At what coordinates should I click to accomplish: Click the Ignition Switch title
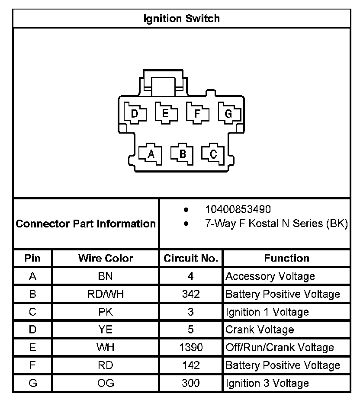click(x=181, y=19)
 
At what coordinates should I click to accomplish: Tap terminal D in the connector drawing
click(x=135, y=114)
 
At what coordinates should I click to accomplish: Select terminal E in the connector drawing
click(x=166, y=114)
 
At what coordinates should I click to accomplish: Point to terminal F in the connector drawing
click(x=197, y=114)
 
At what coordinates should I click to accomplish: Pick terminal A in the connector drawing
click(x=151, y=154)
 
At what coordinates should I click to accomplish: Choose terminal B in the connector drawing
click(x=182, y=154)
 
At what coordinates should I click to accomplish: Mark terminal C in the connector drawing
click(x=213, y=154)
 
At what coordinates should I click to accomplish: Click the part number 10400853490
click(x=238, y=210)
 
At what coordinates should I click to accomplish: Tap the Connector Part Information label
click(x=86, y=224)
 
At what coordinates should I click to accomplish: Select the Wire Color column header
click(x=106, y=258)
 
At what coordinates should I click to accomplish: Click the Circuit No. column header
click(x=191, y=258)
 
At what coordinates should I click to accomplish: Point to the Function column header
click(x=286, y=258)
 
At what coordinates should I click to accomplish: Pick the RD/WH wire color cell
click(x=106, y=294)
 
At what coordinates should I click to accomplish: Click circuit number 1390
click(x=191, y=347)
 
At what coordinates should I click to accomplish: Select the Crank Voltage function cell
click(x=260, y=329)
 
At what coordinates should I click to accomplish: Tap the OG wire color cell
click(x=106, y=383)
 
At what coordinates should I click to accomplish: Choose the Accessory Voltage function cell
click(x=270, y=276)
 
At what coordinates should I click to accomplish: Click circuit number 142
click(x=191, y=365)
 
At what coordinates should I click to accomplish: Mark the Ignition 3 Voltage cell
click(x=267, y=383)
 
